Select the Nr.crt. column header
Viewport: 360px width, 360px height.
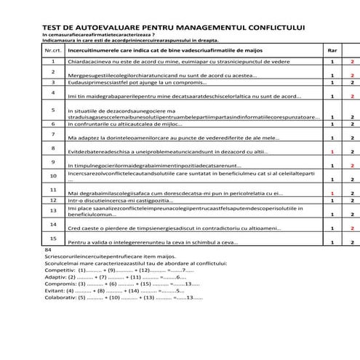coord(53,52)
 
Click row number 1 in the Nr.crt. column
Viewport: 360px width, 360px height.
coord(53,63)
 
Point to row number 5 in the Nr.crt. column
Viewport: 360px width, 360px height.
coord(53,110)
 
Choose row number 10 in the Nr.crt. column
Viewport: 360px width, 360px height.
coord(53,175)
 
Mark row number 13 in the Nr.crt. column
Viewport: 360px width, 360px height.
coord(53,209)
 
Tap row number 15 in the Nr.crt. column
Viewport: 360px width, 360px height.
coord(53,238)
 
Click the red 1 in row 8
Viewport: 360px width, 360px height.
coord(332,151)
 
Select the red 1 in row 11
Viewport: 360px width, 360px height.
coord(332,193)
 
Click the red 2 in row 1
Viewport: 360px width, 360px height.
coord(352,63)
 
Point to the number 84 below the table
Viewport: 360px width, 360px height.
coord(48,249)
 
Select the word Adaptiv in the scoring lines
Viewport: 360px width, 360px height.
coord(57,276)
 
